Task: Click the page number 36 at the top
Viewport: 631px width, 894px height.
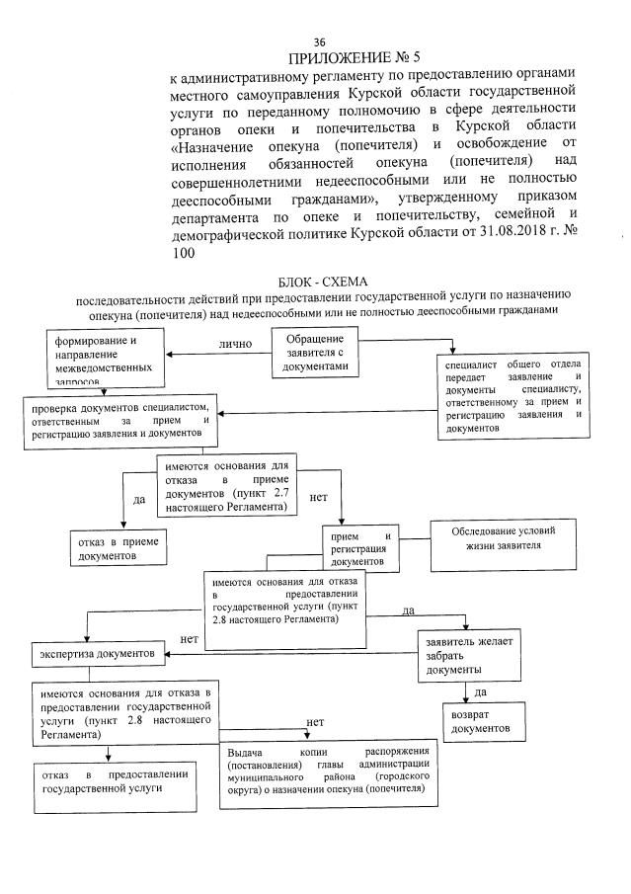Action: [x=319, y=41]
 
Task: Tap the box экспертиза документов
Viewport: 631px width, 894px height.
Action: [x=97, y=654]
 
